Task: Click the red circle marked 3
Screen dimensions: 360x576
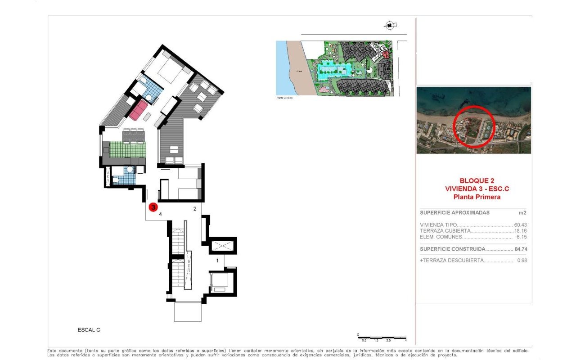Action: click(x=153, y=207)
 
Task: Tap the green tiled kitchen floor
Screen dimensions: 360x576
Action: click(x=128, y=149)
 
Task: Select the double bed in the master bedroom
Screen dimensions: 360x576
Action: click(x=166, y=72)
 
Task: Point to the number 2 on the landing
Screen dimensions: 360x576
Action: click(x=195, y=209)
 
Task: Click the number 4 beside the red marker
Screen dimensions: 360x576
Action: click(x=160, y=214)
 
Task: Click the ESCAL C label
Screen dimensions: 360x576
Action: click(x=89, y=330)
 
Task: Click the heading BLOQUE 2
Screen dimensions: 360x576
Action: click(x=474, y=180)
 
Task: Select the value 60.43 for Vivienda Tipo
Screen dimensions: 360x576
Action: click(x=521, y=225)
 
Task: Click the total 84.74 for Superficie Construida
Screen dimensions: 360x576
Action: click(x=521, y=249)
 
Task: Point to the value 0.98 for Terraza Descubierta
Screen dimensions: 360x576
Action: click(x=522, y=261)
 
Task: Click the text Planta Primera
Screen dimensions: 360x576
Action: click(x=474, y=197)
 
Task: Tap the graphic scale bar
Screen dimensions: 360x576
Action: click(x=382, y=337)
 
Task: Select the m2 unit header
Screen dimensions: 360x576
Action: click(x=522, y=213)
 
